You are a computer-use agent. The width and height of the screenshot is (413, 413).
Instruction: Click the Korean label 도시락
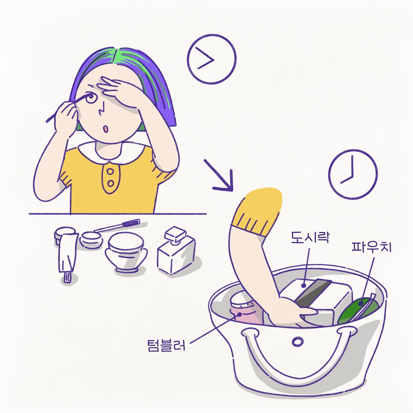click(x=310, y=238)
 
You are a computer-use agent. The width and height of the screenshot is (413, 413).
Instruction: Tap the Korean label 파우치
click(x=372, y=247)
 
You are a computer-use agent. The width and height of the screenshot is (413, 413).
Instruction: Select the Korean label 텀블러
click(x=166, y=345)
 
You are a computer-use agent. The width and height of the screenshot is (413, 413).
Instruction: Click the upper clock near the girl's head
click(x=212, y=59)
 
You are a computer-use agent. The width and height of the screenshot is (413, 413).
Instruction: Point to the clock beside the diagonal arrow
click(x=353, y=174)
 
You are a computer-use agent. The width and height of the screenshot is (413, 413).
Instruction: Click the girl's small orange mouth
click(x=105, y=129)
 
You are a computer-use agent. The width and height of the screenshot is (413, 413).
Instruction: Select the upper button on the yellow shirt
click(x=111, y=172)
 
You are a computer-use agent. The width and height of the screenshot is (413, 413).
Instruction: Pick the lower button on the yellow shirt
click(x=111, y=184)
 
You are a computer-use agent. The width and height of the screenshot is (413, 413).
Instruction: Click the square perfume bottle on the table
click(x=176, y=250)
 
